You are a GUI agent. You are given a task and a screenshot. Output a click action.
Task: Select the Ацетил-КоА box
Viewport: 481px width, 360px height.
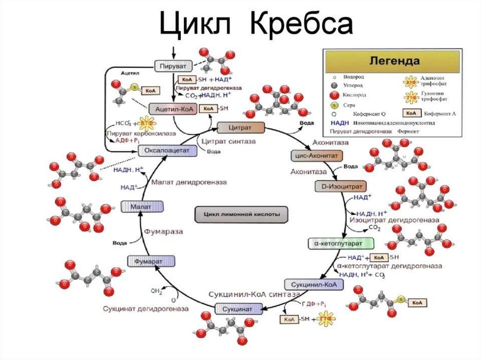coord(172,108)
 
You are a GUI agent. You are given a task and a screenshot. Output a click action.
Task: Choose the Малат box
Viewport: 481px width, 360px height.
coord(142,206)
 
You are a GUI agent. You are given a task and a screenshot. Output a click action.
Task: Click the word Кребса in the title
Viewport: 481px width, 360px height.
coord(301,25)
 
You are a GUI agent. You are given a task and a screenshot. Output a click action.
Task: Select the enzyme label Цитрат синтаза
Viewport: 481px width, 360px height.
coord(227,140)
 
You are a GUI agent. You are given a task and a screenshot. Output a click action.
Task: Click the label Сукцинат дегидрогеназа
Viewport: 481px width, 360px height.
coord(146,309)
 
